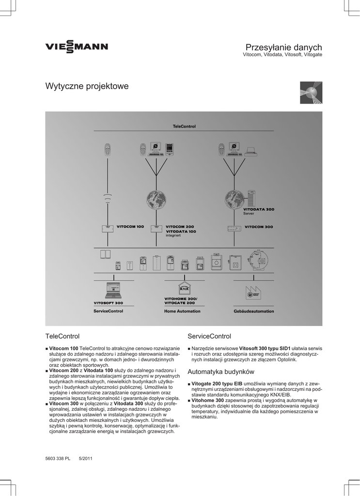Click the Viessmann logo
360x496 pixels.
click(77, 47)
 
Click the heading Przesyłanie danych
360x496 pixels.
click(283, 47)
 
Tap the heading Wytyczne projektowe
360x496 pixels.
click(87, 86)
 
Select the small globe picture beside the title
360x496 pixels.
click(311, 93)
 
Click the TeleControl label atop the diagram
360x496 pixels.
click(184, 126)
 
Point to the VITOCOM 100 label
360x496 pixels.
click(130, 227)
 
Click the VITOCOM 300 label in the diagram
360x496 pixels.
click(259, 227)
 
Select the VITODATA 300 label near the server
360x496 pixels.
click(258, 209)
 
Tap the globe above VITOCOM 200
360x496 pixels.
click(156, 199)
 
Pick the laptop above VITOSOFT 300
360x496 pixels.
click(113, 290)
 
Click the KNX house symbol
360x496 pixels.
click(184, 288)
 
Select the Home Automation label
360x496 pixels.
click(182, 311)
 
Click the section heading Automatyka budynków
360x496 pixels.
click(220, 372)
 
